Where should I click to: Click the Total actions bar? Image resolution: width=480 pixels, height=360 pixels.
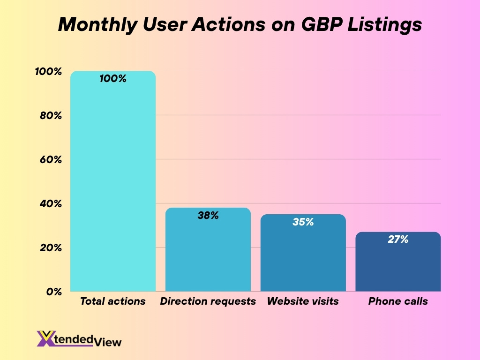[x=112, y=187]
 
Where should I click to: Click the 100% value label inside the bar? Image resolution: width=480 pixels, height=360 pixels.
[x=113, y=79]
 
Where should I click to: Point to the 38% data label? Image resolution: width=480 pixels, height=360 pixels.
[x=208, y=216]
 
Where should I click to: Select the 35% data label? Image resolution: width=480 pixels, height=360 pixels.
[x=303, y=222]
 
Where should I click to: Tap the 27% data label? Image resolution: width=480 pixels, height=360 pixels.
[x=398, y=240]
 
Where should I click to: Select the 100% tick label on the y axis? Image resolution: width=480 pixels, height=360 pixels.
[x=48, y=72]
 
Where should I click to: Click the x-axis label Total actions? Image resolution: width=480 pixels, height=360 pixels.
[x=112, y=301]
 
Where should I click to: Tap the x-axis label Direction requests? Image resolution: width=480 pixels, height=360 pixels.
[x=208, y=301]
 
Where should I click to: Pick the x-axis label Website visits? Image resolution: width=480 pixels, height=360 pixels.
[x=303, y=301]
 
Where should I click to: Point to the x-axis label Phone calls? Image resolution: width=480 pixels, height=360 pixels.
[x=398, y=301]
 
